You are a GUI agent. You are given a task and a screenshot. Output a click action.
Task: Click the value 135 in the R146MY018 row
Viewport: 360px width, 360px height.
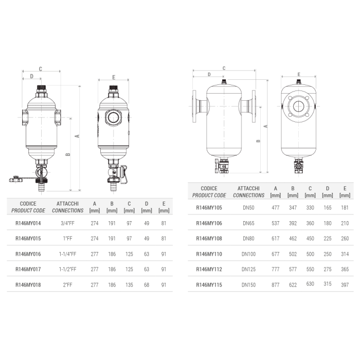129,284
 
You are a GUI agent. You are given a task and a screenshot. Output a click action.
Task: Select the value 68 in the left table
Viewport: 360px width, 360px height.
147,284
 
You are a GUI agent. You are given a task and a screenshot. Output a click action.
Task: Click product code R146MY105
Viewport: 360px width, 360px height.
209,209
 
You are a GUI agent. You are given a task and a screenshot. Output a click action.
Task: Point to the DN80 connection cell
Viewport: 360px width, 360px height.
248,239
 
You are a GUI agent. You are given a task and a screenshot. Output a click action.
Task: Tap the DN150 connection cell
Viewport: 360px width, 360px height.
248,284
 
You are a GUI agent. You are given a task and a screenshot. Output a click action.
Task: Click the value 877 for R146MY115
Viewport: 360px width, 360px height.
276,284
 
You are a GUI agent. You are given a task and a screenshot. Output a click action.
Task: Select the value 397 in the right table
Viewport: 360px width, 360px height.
345,284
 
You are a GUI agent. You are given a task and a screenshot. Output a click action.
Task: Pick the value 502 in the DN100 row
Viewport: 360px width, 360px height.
293,254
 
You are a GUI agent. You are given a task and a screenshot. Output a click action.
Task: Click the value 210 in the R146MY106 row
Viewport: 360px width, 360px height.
345,224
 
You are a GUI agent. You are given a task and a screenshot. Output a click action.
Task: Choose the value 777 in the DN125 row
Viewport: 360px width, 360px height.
276,269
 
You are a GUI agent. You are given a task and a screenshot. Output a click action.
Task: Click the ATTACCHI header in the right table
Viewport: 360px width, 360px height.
248,189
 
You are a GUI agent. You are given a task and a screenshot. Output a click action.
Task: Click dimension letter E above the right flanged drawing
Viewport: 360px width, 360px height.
299,75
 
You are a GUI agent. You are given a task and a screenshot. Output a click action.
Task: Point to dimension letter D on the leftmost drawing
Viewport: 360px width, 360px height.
31,76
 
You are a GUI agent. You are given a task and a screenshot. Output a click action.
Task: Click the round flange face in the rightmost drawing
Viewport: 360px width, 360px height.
299,106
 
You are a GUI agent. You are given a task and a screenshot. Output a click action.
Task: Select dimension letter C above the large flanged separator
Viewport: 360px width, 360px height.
224,68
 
